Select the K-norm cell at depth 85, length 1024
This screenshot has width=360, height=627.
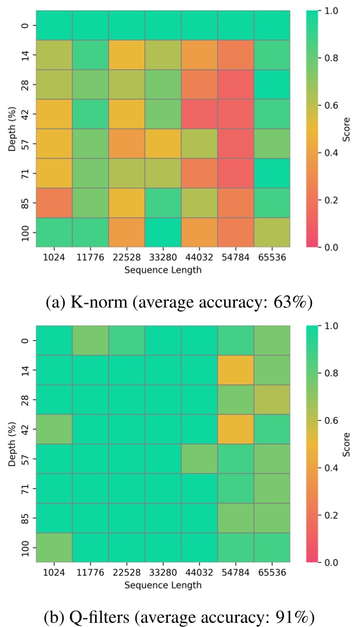(x=54, y=202)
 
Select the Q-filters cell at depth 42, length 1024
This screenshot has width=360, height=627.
(x=54, y=429)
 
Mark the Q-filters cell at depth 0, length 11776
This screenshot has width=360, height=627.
(x=90, y=340)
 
